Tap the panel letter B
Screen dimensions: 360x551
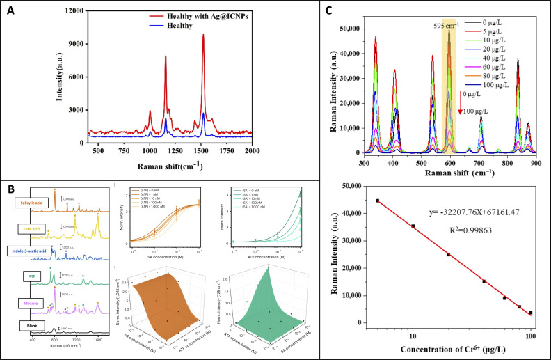(x=11, y=188)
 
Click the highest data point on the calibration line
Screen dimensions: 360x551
(x=378, y=201)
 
